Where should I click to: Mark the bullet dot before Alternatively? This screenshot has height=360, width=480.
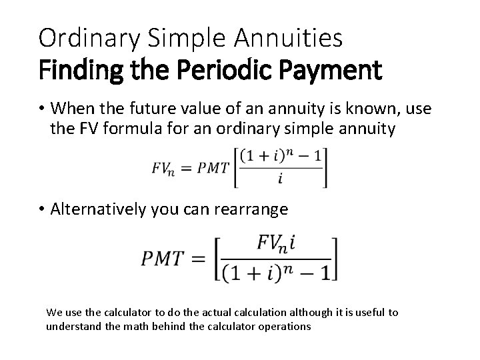click(42, 209)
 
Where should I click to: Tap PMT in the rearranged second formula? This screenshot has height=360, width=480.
click(162, 258)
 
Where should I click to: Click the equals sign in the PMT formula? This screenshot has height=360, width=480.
click(199, 258)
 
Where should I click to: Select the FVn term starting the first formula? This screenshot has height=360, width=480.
click(163, 169)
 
